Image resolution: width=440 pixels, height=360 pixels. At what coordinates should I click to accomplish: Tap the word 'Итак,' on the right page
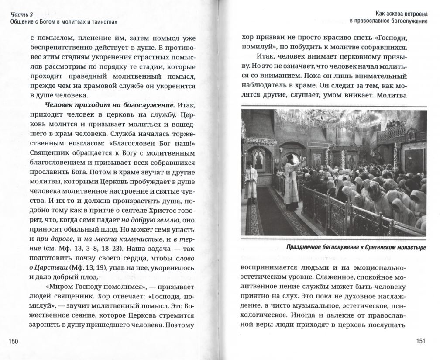point(266,57)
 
